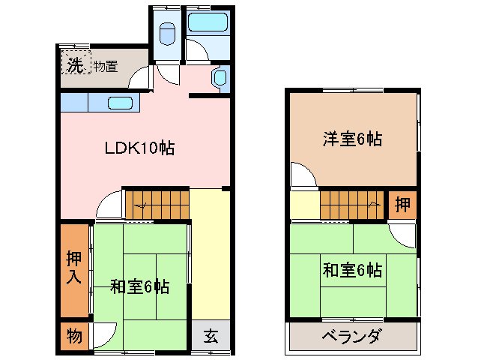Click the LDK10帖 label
tap(139, 148)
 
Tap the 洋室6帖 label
tap(353, 139)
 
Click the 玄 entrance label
tap(211, 336)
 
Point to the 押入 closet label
tap(73, 268)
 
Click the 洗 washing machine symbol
tap(74, 65)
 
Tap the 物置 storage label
tap(106, 66)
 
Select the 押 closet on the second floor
tap(402, 204)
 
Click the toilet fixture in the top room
tap(167, 34)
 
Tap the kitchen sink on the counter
tap(120, 103)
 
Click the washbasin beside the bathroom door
tap(220, 78)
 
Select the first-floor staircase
tap(156, 204)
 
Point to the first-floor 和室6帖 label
tap(139, 286)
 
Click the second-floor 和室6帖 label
tap(352, 269)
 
